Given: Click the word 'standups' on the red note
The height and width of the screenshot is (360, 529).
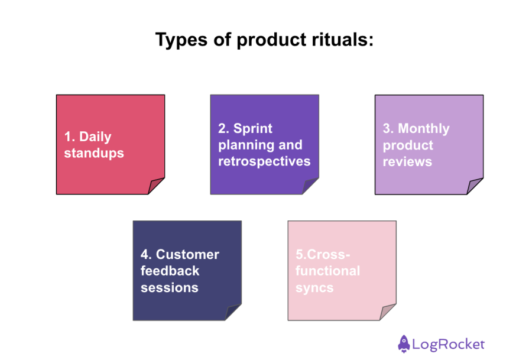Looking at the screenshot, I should click(94, 153).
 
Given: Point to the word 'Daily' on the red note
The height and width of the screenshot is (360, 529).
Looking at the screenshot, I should click(95, 137).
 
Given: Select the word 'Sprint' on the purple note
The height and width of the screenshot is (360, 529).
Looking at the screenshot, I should click(253, 128).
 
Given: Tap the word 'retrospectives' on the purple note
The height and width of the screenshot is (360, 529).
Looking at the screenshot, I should click(264, 161).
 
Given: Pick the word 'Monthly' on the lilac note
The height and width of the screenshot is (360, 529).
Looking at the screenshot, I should click(424, 128).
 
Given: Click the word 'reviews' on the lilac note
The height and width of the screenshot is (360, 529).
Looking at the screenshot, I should click(407, 161).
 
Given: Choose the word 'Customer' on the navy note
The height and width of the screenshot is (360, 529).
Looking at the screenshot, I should click(187, 254).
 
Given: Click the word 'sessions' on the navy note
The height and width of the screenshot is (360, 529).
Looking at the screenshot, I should click(169, 288).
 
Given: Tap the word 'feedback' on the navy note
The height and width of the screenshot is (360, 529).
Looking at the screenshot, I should click(170, 271).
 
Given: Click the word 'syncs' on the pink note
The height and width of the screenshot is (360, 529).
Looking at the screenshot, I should click(314, 288).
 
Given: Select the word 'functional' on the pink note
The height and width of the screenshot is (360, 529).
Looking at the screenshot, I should click(327, 271).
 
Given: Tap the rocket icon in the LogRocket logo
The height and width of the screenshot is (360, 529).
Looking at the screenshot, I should click(404, 343).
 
